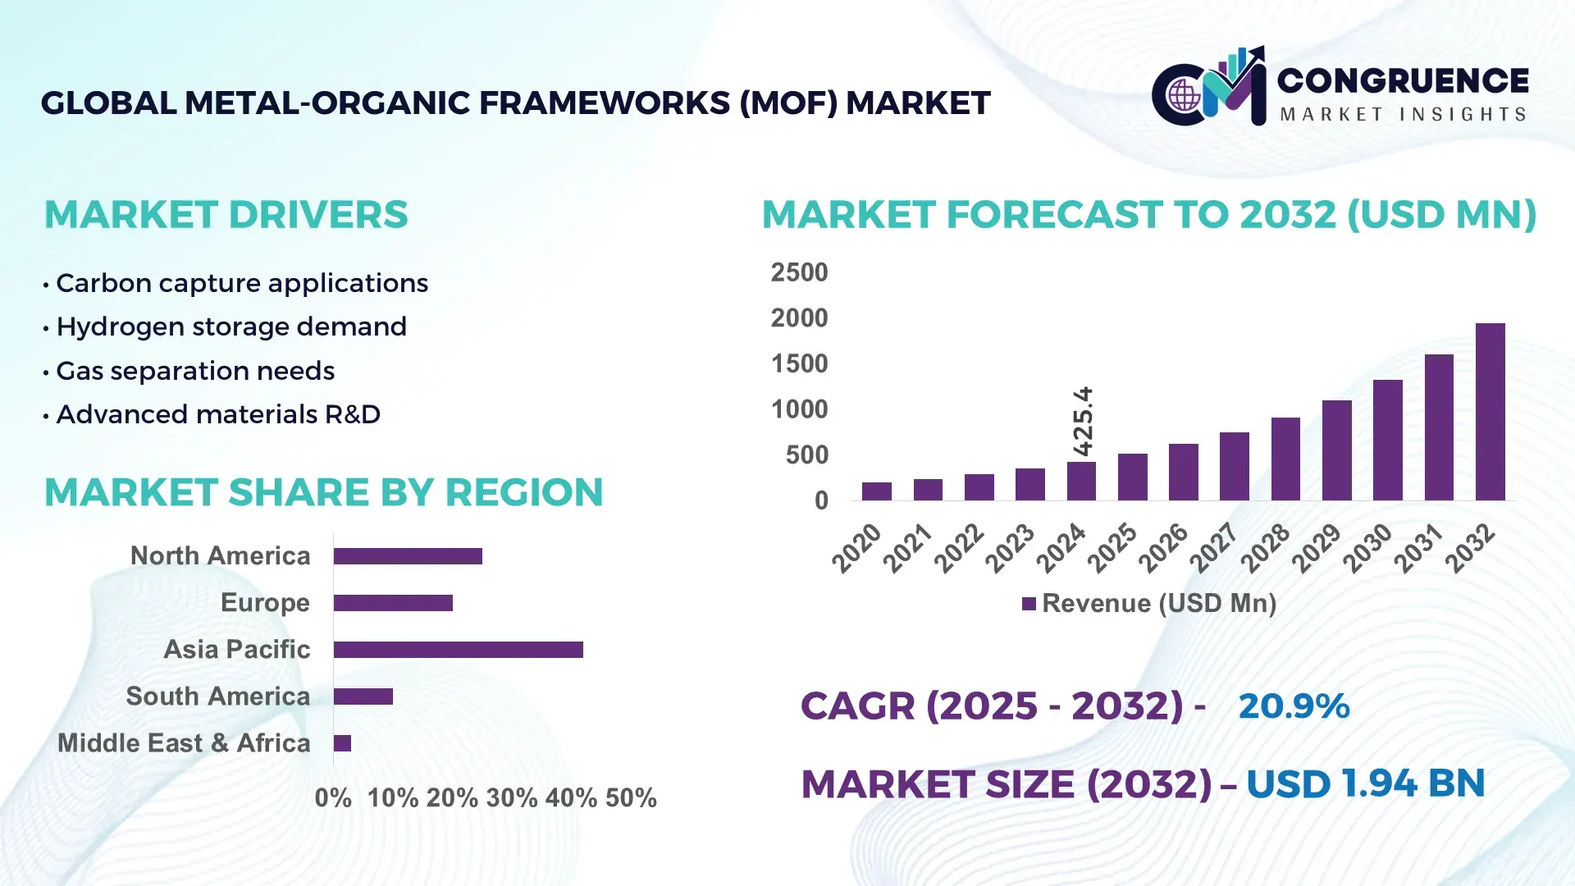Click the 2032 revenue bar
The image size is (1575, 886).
tap(1490, 412)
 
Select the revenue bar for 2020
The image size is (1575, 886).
tap(876, 491)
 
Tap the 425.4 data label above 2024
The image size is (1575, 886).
tap(1083, 421)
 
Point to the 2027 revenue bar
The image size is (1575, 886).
tap(1234, 466)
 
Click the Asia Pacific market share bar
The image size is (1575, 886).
tap(458, 650)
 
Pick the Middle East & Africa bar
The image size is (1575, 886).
tap(342, 743)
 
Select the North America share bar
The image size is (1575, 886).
tap(408, 556)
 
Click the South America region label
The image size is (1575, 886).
tap(217, 696)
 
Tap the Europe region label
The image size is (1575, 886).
tap(265, 603)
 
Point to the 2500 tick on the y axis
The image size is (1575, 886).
tap(799, 272)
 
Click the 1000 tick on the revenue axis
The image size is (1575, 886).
tap(799, 409)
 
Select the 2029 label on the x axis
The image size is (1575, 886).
tap(1317, 547)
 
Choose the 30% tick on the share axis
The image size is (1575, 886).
tap(511, 798)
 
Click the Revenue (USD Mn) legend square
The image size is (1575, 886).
tap(1029, 605)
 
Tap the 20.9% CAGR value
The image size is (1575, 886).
tap(1294, 706)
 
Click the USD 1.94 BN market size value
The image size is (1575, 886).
tap(1365, 783)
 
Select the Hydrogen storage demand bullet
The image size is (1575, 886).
tap(231, 327)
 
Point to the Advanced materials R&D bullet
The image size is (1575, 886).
tap(217, 414)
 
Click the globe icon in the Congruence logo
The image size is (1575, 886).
tap(1184, 96)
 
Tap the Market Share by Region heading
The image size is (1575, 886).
tap(323, 492)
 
